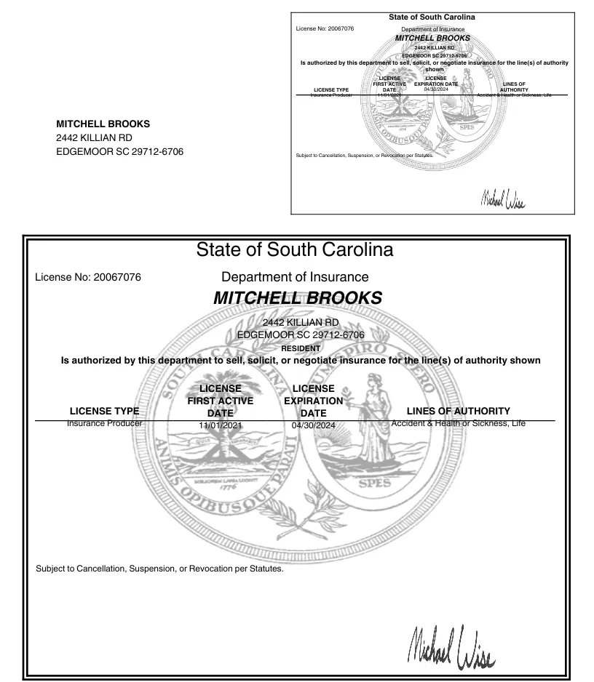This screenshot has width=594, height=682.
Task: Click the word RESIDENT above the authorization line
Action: click(301, 348)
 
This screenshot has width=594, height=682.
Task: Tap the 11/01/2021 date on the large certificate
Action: click(220, 425)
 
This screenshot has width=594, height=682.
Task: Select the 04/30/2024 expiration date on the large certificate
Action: click(313, 425)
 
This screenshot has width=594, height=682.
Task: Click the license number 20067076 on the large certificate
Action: click(117, 277)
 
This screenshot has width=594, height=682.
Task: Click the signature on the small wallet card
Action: click(502, 198)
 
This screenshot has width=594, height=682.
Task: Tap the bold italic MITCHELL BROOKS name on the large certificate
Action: click(297, 298)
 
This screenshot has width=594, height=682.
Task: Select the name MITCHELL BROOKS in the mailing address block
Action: click(103, 124)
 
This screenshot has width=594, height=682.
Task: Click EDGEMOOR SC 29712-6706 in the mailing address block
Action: click(120, 152)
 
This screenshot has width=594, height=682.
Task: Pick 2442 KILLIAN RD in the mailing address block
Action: click(94, 137)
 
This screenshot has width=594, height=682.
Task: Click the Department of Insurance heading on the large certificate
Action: click(295, 277)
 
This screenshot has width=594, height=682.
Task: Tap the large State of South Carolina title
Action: click(295, 250)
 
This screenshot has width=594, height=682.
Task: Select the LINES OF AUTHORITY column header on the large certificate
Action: click(458, 411)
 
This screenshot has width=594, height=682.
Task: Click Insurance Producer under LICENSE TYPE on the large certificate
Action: click(104, 422)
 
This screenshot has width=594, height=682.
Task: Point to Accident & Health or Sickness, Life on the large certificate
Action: click(458, 422)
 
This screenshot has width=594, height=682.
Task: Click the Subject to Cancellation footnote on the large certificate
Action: click(159, 569)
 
